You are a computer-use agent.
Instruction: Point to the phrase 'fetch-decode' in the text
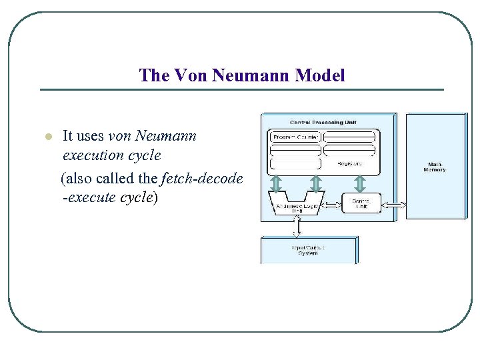[x=202, y=179]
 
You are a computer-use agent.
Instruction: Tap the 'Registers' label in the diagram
[x=349, y=163]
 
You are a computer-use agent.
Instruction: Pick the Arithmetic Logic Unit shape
[x=295, y=203]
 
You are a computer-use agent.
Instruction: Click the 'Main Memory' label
[x=434, y=167]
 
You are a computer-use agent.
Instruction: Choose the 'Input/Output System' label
[x=308, y=250]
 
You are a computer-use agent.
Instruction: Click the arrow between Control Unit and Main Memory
[x=393, y=203]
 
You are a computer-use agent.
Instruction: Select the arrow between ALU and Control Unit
[x=331, y=203]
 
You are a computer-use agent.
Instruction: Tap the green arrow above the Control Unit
[x=361, y=183]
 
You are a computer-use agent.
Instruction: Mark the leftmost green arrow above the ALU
[x=276, y=183]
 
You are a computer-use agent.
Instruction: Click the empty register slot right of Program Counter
[x=349, y=137]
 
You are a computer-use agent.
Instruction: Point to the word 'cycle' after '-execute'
[x=131, y=198]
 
